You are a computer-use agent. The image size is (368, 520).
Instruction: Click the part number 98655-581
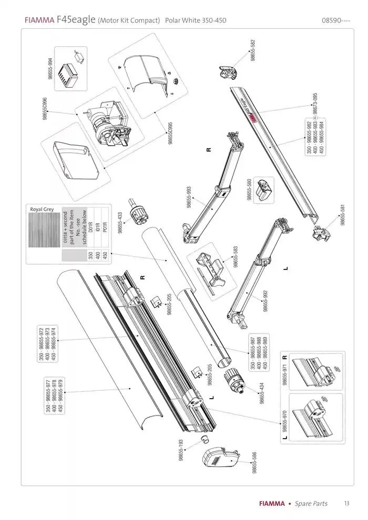tap(343, 215)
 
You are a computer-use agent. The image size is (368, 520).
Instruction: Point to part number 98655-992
tap(265, 300)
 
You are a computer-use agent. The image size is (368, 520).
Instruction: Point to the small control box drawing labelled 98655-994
tap(68, 70)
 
